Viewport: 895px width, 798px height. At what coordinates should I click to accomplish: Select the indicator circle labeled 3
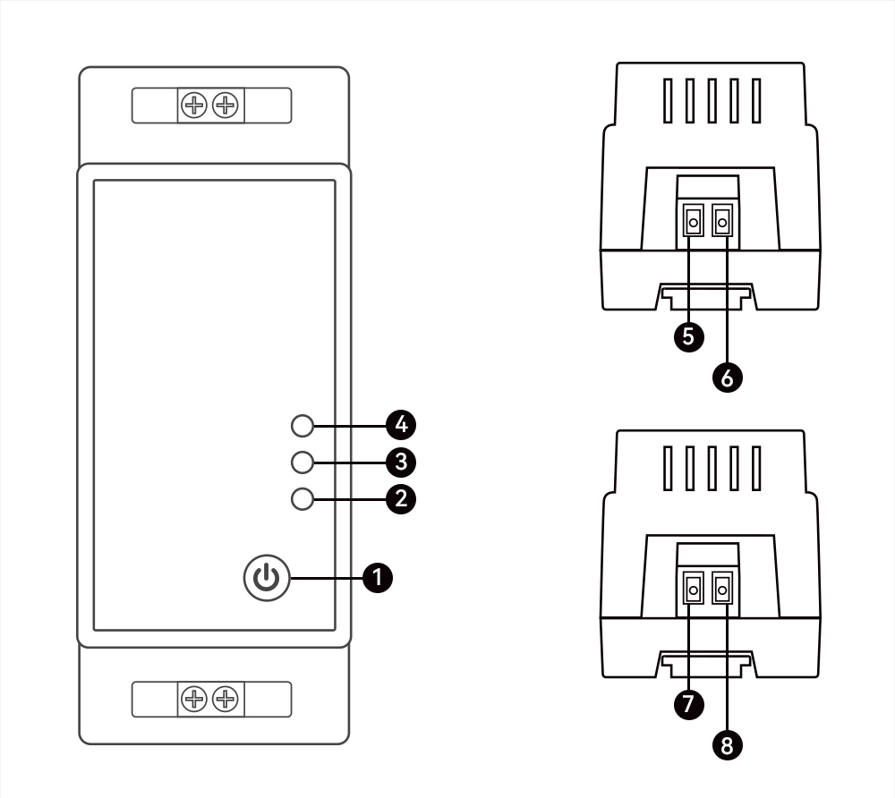(x=303, y=462)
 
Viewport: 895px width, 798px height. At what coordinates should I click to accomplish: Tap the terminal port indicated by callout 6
(x=721, y=220)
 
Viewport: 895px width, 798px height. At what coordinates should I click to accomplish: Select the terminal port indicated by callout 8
(x=721, y=589)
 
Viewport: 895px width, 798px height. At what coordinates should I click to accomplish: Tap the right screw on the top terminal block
(x=226, y=106)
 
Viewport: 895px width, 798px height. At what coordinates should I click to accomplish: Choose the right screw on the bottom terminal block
(x=226, y=699)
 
